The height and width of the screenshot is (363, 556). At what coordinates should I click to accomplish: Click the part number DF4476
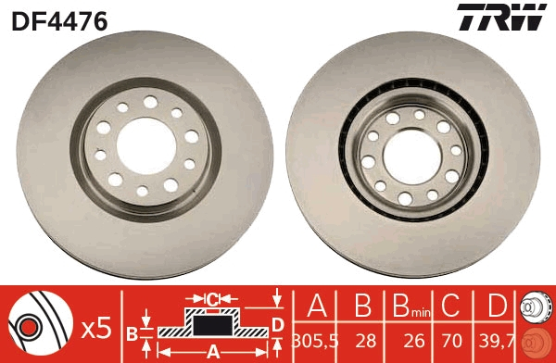click(59, 19)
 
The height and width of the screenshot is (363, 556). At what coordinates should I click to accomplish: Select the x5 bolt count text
click(96, 327)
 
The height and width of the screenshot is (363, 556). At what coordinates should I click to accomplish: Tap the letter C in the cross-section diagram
click(211, 299)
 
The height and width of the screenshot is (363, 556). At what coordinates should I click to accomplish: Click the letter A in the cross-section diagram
click(211, 351)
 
